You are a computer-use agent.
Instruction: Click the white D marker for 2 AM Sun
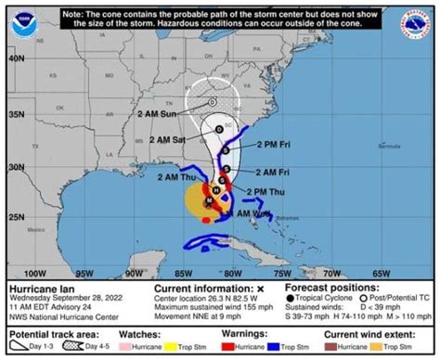tap(213, 101)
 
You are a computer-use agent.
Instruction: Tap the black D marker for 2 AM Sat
tap(219, 129)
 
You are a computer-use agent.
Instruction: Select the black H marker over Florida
tap(215, 188)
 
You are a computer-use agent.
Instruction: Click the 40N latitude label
tap(15, 58)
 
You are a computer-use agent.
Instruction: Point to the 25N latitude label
tap(15, 215)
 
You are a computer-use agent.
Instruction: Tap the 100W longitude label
tap(34, 274)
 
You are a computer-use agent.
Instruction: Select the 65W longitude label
tap(381, 274)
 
